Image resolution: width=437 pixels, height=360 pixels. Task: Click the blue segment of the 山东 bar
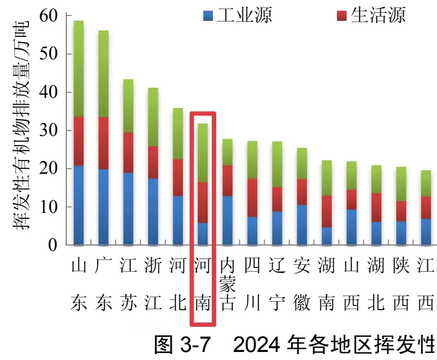pos(79,205)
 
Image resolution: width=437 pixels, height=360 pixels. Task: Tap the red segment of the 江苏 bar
pos(128,152)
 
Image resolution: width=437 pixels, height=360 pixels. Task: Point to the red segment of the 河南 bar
pos(203,203)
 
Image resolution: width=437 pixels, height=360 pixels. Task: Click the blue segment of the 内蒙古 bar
pos(227,220)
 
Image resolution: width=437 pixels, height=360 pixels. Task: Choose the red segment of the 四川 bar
pos(252,197)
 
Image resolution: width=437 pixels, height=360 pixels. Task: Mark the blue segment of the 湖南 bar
pos(326,236)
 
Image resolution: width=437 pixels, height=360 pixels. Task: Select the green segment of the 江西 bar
pos(426,183)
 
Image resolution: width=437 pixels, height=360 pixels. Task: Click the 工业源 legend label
pos(244,15)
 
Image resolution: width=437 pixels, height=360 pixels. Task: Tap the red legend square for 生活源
pos(342,15)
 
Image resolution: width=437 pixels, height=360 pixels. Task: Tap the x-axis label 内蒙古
pos(227,284)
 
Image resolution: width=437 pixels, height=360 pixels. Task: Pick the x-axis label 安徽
pos(302,284)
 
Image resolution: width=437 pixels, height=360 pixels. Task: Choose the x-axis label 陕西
pos(401,284)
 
